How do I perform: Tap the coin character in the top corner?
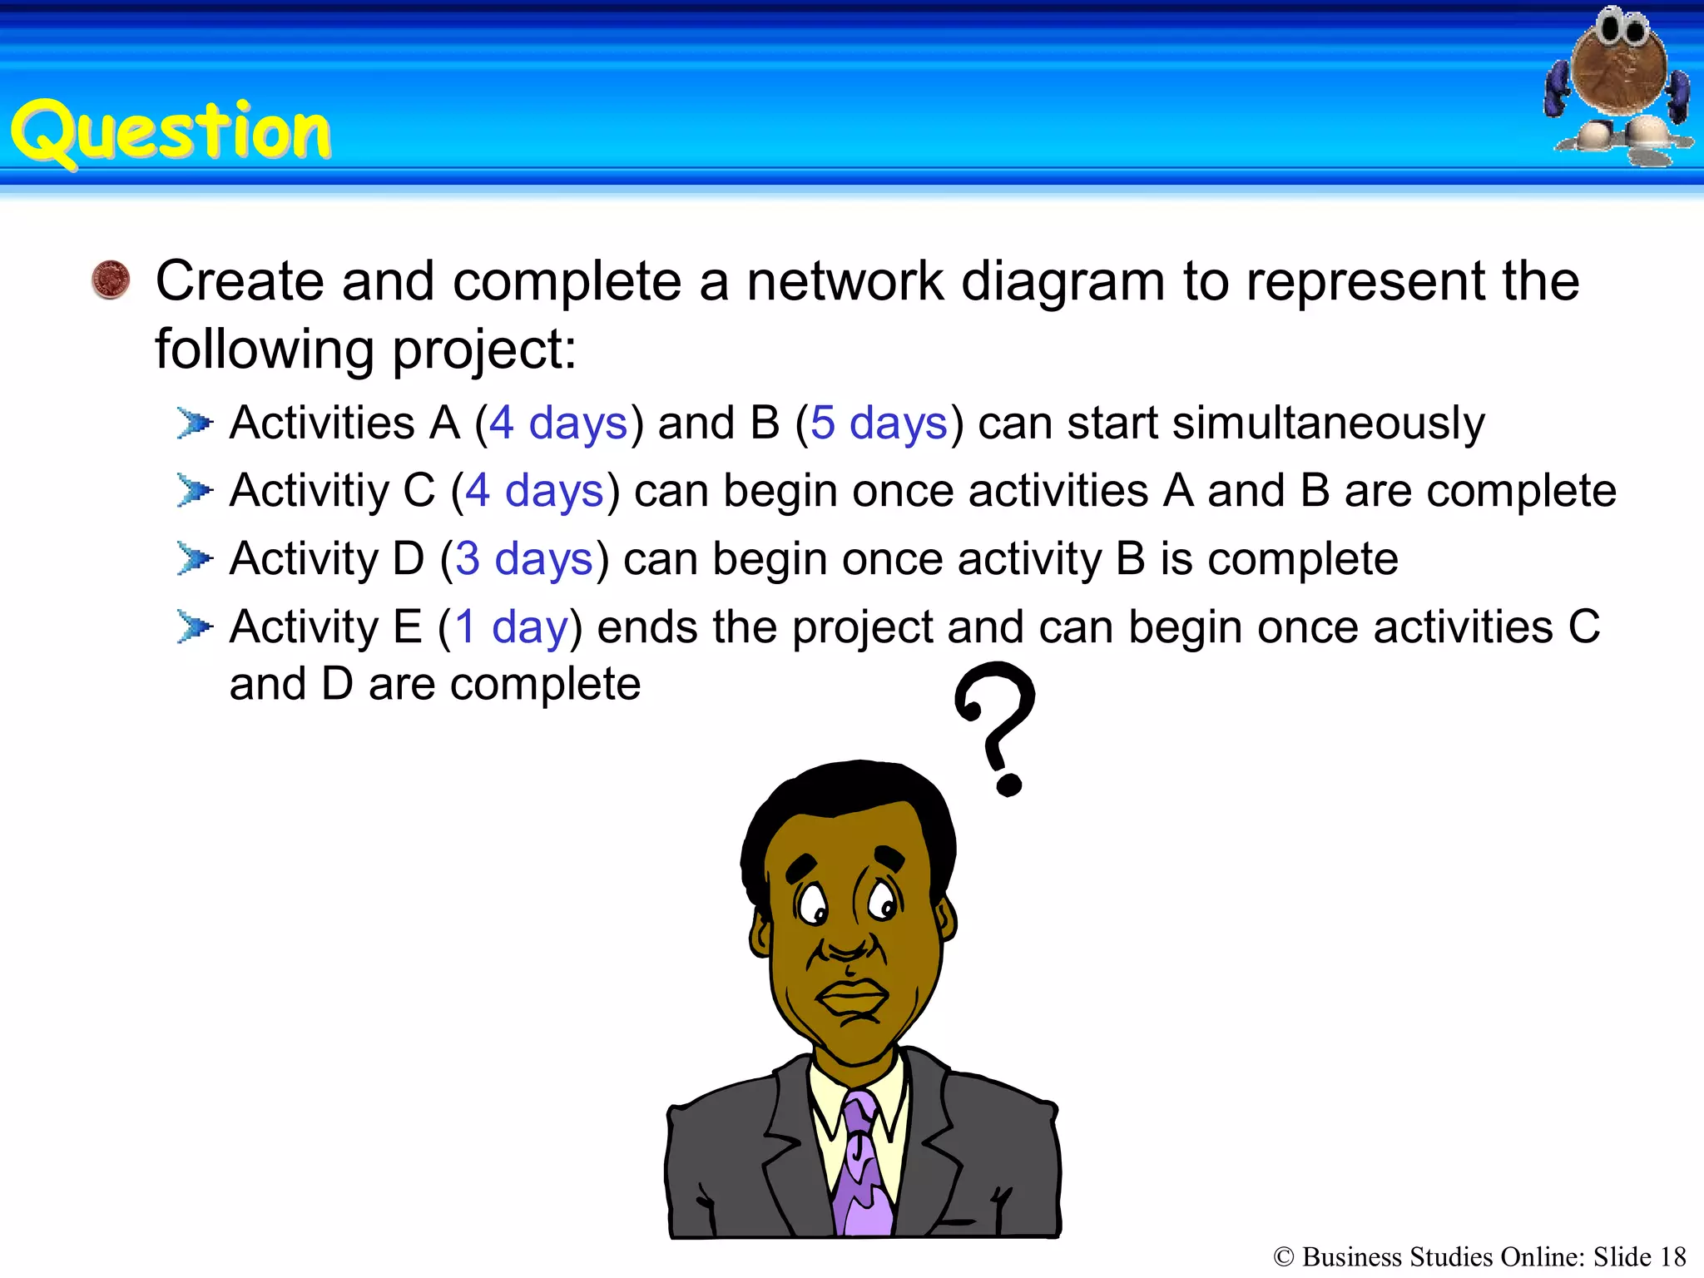(1618, 83)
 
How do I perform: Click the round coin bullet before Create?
(111, 280)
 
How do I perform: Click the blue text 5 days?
(879, 423)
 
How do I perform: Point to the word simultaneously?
(1328, 423)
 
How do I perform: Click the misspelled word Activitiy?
(309, 491)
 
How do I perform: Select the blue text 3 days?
(524, 558)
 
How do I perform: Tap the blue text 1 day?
(511, 627)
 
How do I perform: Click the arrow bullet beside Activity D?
(196, 558)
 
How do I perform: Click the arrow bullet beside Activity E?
(196, 627)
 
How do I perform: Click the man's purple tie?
(864, 1165)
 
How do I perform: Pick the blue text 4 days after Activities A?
(557, 423)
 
